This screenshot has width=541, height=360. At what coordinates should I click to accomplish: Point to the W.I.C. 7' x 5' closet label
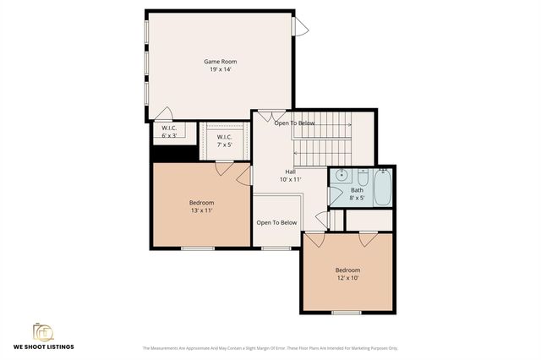point(224,140)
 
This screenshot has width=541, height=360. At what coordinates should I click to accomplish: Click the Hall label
point(290,172)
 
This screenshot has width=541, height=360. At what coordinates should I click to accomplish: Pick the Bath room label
point(357,190)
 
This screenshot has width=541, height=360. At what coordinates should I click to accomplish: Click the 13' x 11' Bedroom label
point(201,206)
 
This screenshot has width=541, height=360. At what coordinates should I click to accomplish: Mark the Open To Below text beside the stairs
point(294,123)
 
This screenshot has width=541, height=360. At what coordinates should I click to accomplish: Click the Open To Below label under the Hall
point(276,223)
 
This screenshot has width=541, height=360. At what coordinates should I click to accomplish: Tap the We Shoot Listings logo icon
point(42,330)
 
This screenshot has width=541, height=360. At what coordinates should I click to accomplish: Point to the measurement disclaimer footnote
point(270,348)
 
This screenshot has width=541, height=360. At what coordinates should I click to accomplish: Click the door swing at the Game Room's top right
point(301,26)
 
